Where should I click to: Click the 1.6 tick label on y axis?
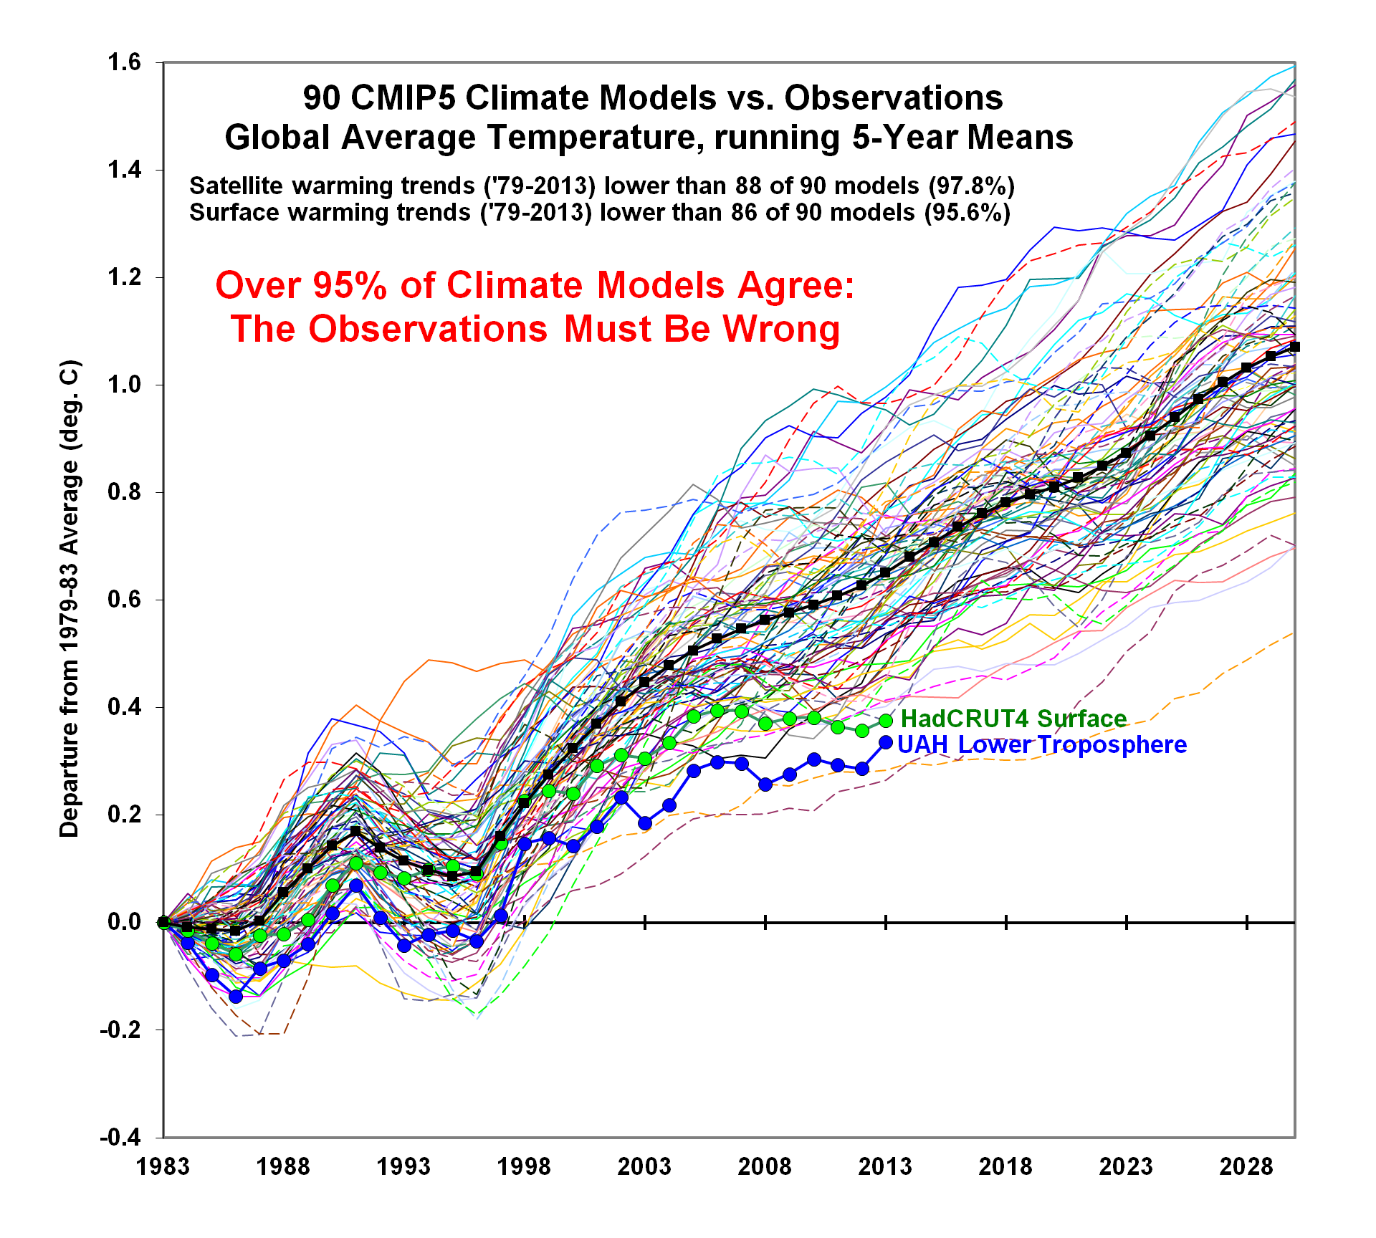(x=124, y=63)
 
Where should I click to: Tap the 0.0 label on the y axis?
(x=124, y=922)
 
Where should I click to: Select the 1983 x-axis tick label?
(x=163, y=1166)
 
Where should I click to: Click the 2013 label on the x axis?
(x=885, y=1166)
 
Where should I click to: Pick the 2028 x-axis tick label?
(x=1246, y=1166)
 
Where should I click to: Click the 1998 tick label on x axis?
(x=524, y=1166)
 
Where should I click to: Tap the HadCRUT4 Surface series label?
(x=1013, y=719)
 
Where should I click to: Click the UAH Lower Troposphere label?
(x=1041, y=745)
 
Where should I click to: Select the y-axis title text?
(x=70, y=599)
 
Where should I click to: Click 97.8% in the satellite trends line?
(x=972, y=186)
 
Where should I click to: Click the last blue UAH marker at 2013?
(x=886, y=743)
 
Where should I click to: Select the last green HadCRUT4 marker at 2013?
(x=886, y=721)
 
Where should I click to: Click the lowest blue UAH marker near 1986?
(x=236, y=997)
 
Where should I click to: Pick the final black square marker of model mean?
(x=1294, y=347)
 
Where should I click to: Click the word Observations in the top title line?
(x=894, y=98)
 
